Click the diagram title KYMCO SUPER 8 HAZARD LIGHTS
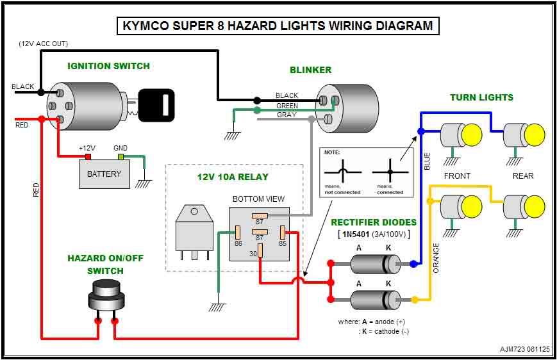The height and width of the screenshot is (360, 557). (278, 26)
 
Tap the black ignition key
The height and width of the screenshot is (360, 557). (156, 105)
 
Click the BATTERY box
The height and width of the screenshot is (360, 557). (104, 174)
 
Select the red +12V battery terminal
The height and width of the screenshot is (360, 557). (88, 156)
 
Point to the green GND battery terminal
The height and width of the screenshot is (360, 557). (120, 156)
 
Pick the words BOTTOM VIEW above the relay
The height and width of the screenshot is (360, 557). (258, 199)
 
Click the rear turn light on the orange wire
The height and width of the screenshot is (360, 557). (524, 207)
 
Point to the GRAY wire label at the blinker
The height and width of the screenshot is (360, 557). (287, 115)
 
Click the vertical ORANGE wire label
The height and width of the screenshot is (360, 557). (436, 258)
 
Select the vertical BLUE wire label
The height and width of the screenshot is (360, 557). (427, 161)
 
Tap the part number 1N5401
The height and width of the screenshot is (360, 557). (356, 234)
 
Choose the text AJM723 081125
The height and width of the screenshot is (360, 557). (524, 349)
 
